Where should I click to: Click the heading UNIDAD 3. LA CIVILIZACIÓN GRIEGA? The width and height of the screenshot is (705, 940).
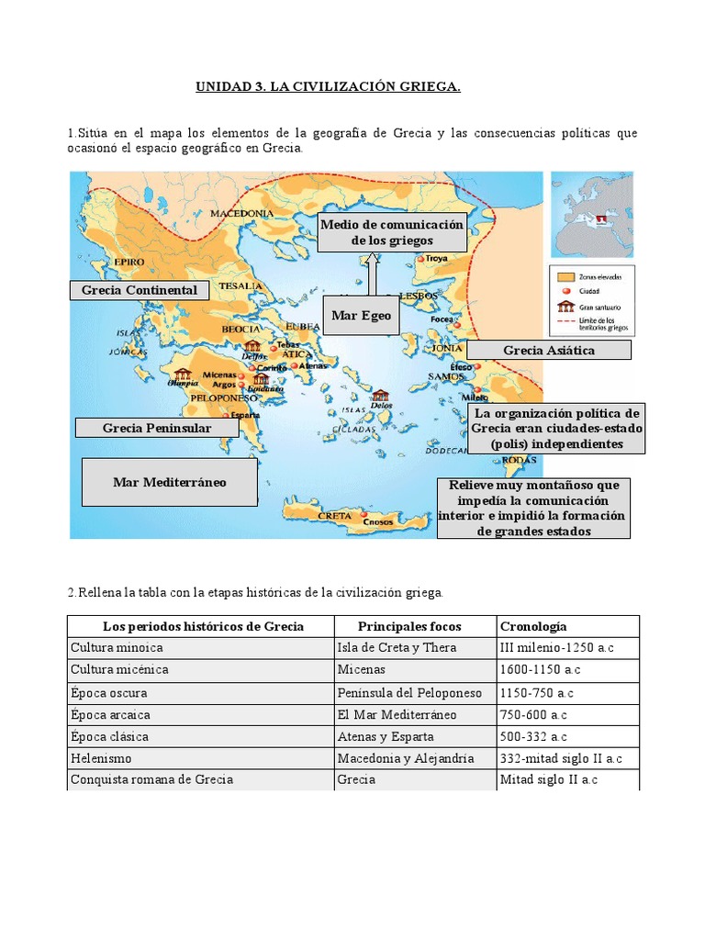pos(328,87)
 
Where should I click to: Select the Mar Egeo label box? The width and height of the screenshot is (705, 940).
pos(361,316)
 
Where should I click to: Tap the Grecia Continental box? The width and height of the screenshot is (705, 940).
pos(140,290)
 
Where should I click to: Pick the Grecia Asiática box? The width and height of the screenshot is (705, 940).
pos(549,350)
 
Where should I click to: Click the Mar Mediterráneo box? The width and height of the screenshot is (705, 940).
pos(169,482)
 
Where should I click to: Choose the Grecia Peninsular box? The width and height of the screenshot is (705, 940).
pos(157,428)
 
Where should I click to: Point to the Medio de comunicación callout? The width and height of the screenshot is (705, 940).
pos(392,233)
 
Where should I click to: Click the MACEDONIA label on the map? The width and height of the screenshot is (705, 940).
pos(242,213)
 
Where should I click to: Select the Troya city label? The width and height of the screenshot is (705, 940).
pos(436,259)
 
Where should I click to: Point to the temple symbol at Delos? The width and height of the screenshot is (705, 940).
pos(380,395)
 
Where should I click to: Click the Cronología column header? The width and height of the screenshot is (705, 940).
pos(533,626)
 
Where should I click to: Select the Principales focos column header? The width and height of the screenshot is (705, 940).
pos(409,626)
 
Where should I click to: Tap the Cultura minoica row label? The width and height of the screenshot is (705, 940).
pos(117,648)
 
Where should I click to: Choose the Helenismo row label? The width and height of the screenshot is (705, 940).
pos(101,758)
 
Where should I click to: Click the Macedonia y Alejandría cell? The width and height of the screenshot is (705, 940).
pos(406,758)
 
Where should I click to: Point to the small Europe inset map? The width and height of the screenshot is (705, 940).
pos(592,214)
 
